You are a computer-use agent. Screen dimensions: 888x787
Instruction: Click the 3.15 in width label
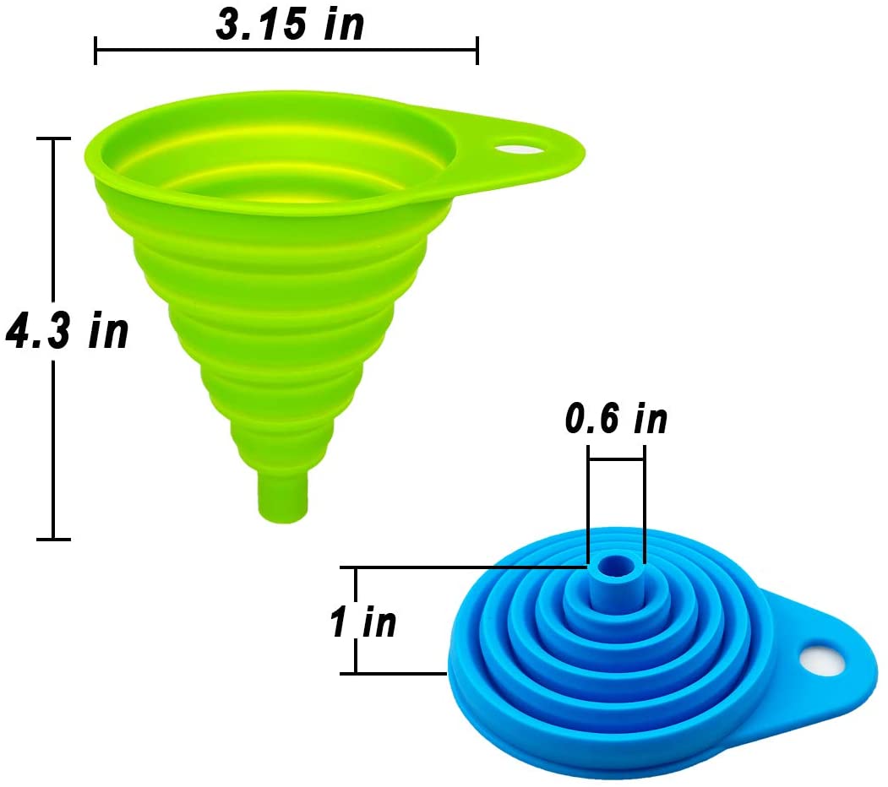(x=290, y=24)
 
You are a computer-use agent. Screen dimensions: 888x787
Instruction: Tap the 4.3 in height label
(x=68, y=330)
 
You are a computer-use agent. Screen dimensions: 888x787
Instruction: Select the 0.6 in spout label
(x=616, y=419)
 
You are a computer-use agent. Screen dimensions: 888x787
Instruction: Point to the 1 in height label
(x=363, y=621)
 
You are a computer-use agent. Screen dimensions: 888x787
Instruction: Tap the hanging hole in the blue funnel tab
(x=822, y=659)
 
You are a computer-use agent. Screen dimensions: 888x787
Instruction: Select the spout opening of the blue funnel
(x=615, y=566)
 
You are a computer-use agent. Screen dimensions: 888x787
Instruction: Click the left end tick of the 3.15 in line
(x=95, y=50)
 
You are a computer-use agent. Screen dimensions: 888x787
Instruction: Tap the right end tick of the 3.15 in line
(x=477, y=50)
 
